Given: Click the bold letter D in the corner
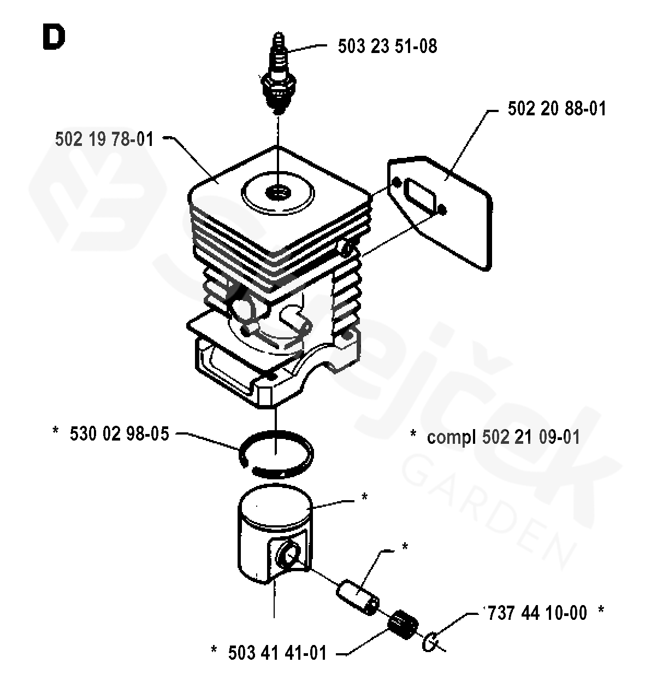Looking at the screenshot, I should click(53, 37).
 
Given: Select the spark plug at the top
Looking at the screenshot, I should click(279, 77).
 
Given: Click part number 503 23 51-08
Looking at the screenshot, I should click(387, 46).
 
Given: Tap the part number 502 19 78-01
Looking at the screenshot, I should click(104, 139).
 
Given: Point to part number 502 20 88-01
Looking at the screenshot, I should click(557, 108).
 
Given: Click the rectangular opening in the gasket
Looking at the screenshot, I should click(419, 196).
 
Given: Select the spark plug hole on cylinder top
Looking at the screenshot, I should click(279, 192).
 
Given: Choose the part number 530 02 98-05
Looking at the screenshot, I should click(120, 434).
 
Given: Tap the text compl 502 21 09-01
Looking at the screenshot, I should click(503, 437).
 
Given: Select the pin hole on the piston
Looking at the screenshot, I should click(287, 558).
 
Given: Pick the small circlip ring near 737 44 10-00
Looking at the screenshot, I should click(431, 641).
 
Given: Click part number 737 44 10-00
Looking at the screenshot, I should click(535, 613).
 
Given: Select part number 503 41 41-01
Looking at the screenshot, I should click(277, 653).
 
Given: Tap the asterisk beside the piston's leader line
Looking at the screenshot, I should click(364, 497).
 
